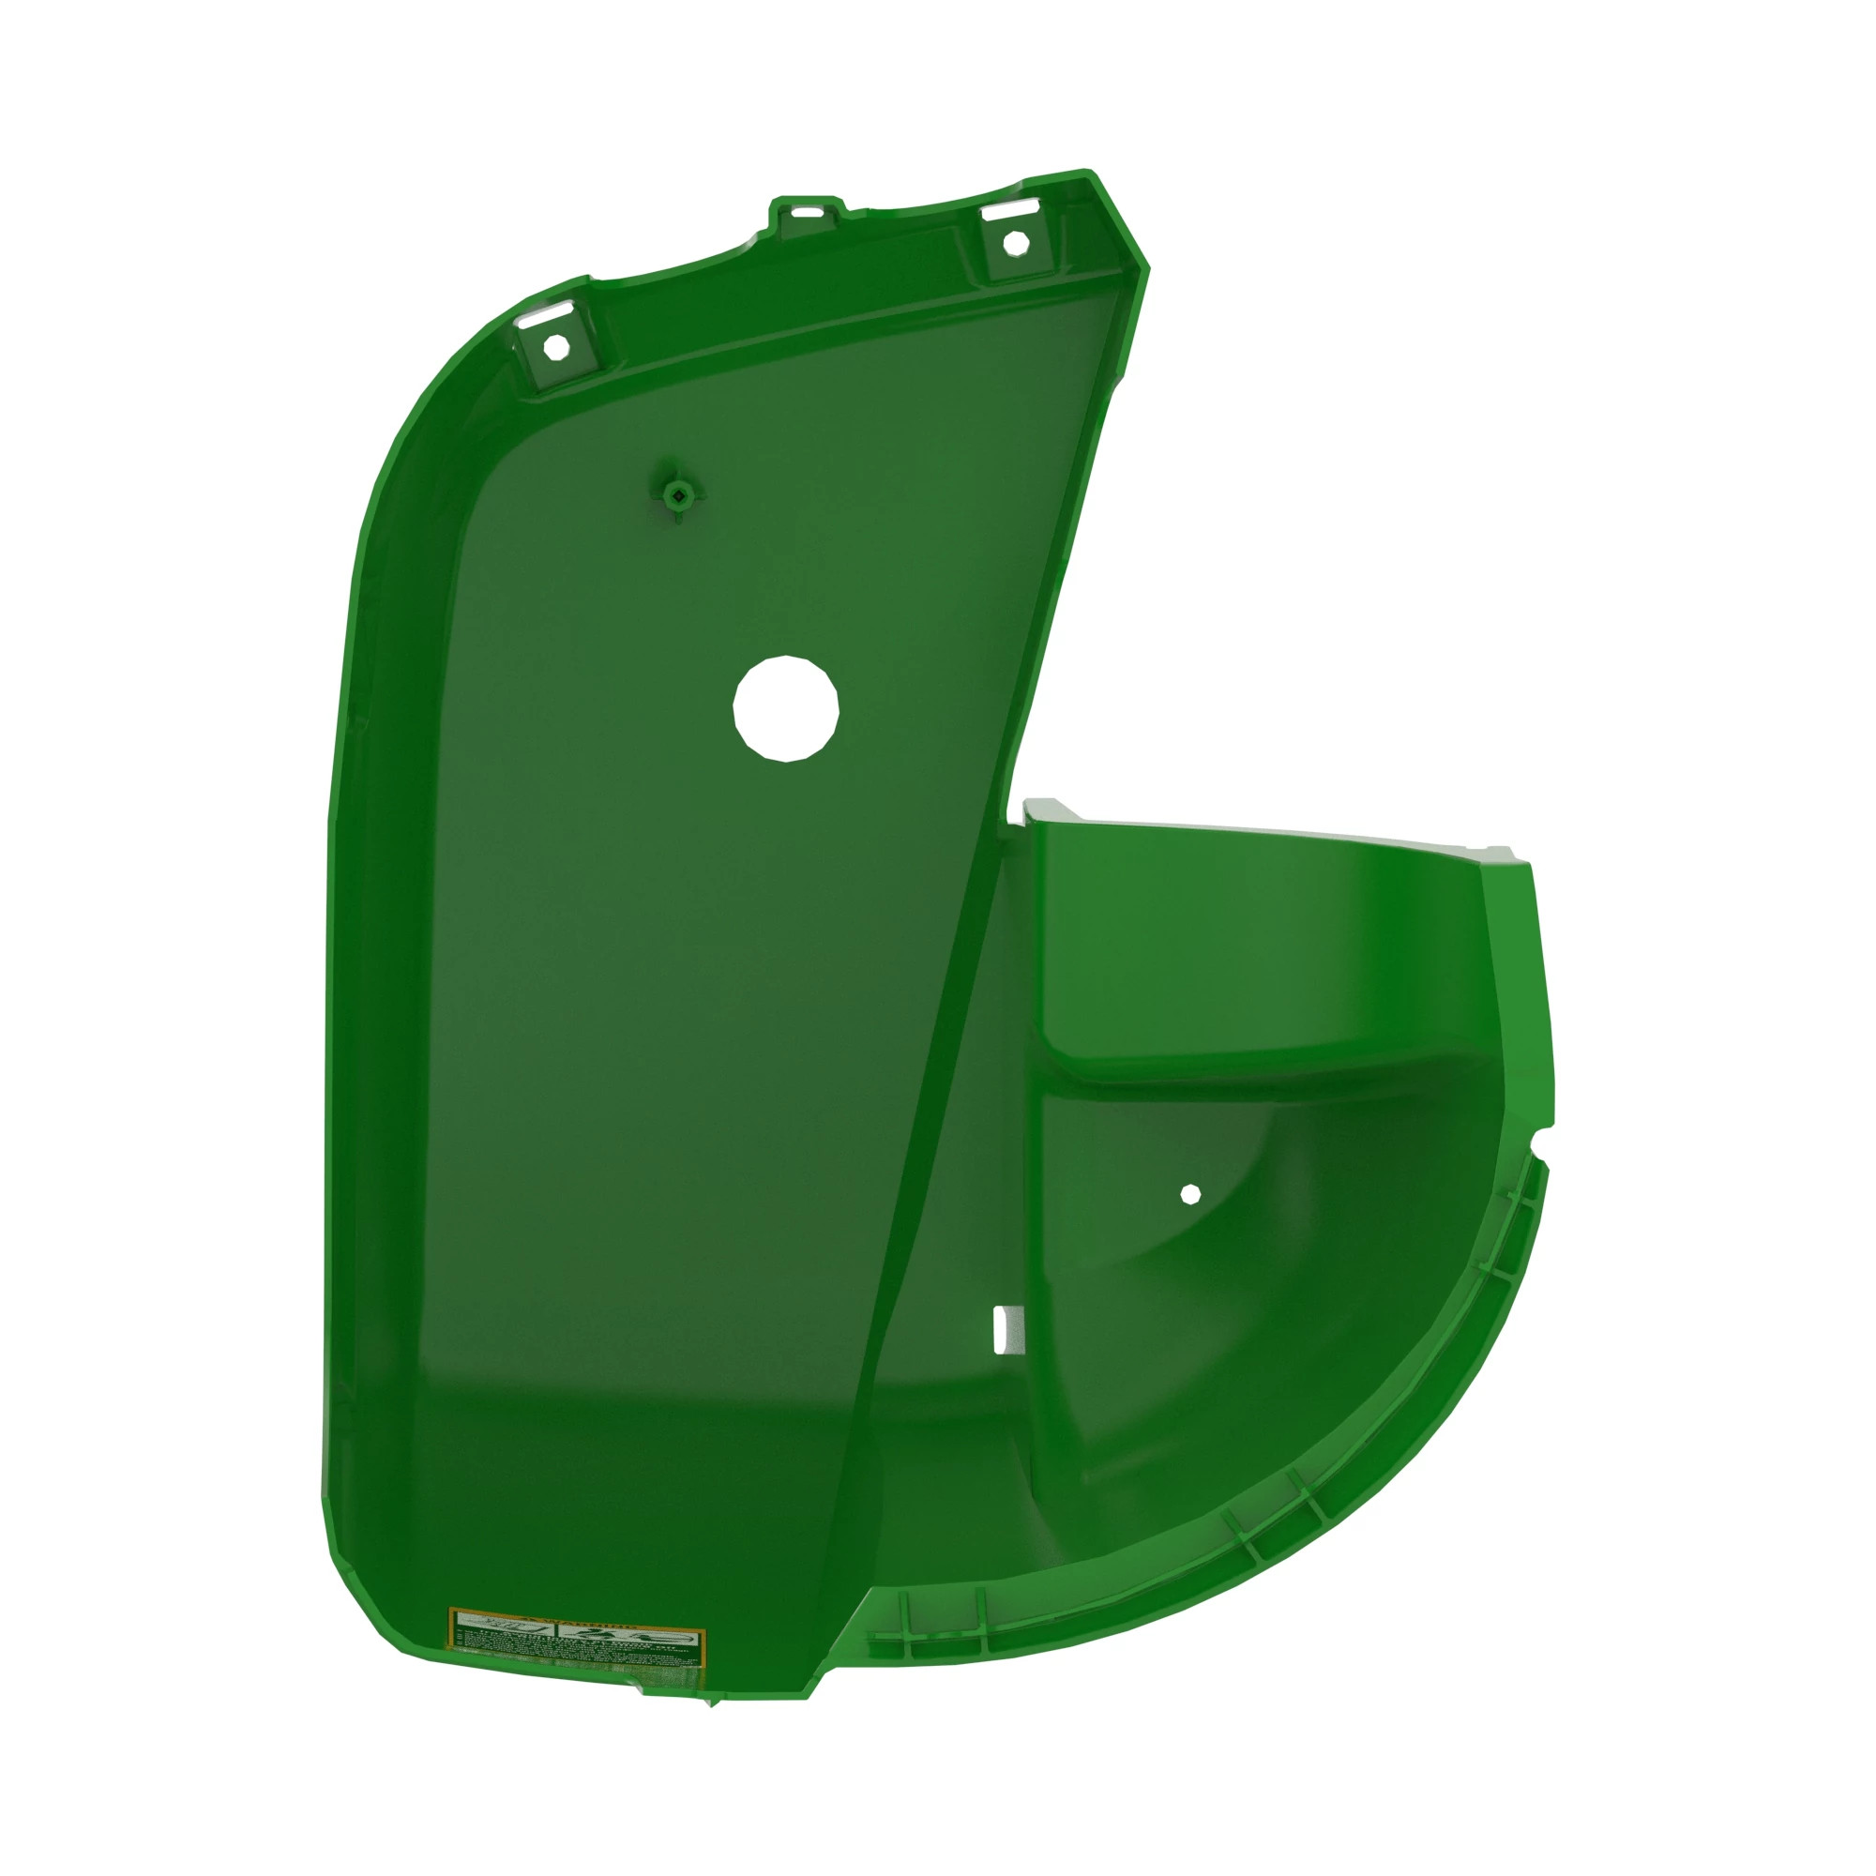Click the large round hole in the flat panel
click(x=785, y=708)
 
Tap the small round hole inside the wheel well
click(x=1190, y=1193)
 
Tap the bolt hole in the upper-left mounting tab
click(x=554, y=347)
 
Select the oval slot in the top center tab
click(x=803, y=211)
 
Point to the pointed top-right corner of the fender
click(x=1092, y=174)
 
